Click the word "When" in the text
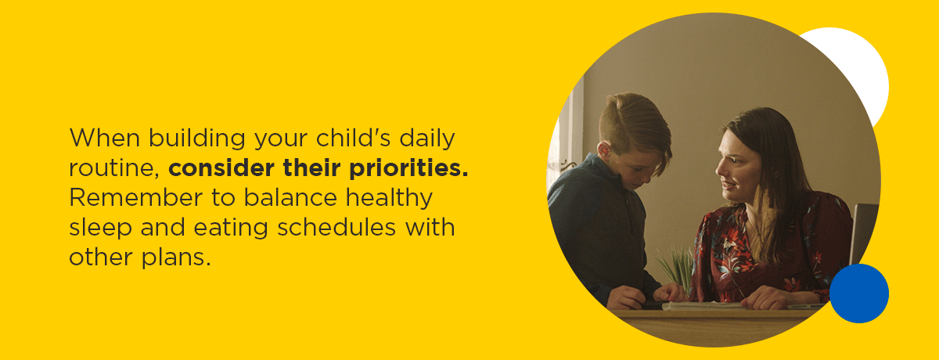click(104, 138)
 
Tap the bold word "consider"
click(221, 167)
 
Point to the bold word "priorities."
click(408, 168)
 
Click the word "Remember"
click(135, 197)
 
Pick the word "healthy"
click(389, 198)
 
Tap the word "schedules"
click(336, 227)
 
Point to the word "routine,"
click(114, 168)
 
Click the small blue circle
click(859, 293)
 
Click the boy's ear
click(604, 151)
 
